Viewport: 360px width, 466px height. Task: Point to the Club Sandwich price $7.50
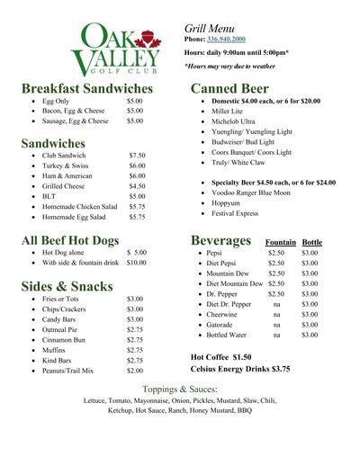coord(137,156)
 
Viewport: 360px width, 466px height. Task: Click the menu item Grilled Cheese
coord(61,186)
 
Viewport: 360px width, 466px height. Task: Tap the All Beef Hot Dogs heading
coord(83,240)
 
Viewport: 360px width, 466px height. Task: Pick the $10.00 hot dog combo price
coord(136,263)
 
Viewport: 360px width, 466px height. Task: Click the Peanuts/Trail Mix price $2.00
coord(135,370)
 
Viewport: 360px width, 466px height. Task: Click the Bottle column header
coord(312,243)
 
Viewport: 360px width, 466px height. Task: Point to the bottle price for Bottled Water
coord(310,335)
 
